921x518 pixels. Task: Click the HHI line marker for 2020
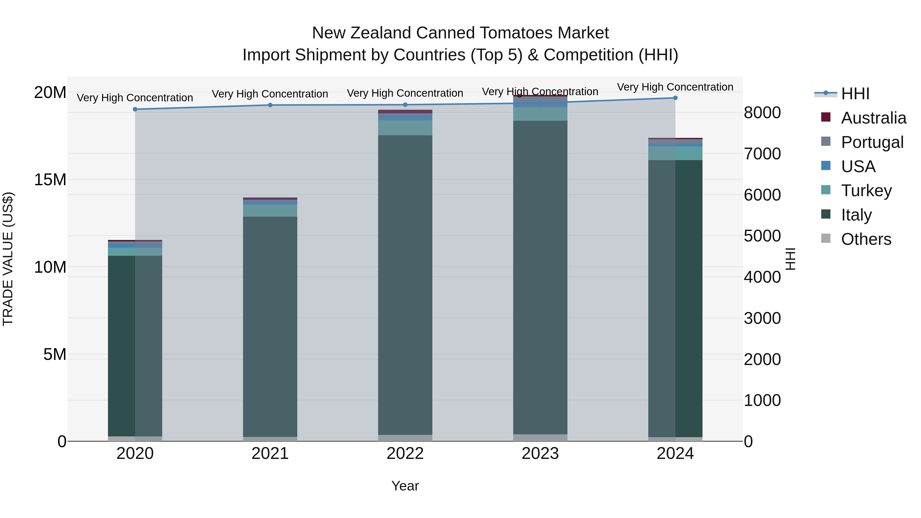coord(135,109)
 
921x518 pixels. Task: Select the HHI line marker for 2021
coord(270,105)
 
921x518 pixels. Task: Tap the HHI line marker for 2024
coord(675,98)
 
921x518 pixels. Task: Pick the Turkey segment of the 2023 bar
coord(540,114)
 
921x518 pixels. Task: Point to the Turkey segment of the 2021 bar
coord(270,211)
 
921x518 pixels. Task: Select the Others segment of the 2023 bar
coord(540,438)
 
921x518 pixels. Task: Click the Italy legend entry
coord(856,215)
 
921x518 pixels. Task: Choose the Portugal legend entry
coord(872,142)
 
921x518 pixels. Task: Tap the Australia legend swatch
coord(826,117)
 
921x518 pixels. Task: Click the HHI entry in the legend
coord(854,94)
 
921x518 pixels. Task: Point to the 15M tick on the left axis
coord(50,180)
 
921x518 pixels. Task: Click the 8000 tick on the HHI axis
coord(762,113)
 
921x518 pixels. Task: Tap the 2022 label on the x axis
coord(405,454)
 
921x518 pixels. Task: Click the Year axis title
coord(405,486)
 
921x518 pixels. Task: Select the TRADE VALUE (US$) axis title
coord(8,259)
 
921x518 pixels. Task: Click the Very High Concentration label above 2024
coord(675,87)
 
